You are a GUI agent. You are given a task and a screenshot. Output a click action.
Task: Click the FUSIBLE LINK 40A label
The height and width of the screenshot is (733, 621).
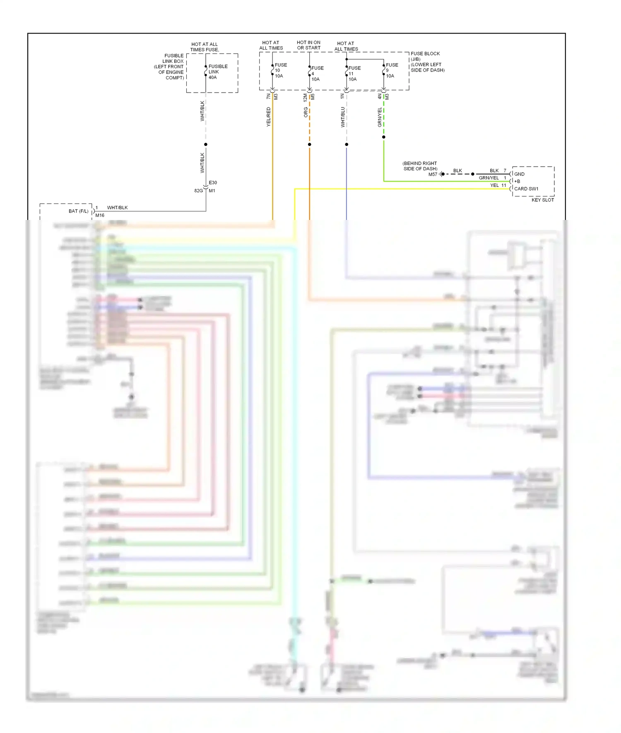pos(217,72)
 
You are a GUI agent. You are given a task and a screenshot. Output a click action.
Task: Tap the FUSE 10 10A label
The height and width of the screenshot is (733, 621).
pos(280,71)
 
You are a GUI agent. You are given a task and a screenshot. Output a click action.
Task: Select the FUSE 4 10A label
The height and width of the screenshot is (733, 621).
pos(317,74)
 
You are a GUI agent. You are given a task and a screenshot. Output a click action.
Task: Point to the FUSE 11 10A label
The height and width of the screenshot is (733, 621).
pos(354,74)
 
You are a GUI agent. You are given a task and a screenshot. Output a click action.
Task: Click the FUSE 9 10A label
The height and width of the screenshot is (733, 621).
pos(391,71)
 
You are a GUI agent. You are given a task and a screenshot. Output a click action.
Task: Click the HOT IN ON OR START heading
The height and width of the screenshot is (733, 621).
pos(308,45)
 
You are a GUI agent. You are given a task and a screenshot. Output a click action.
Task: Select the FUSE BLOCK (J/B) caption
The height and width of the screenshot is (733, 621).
pos(425,56)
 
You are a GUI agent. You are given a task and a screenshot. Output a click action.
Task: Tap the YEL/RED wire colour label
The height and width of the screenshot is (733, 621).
pos(268,117)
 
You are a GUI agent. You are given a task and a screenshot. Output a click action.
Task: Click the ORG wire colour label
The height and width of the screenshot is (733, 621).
pos(306,112)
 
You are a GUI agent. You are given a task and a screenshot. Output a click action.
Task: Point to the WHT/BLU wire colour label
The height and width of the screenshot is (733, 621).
pos(342,117)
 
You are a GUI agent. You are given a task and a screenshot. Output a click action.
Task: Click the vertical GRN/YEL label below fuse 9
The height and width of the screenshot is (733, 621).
pos(380,117)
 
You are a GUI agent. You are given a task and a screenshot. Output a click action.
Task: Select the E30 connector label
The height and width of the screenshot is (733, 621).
pos(213,182)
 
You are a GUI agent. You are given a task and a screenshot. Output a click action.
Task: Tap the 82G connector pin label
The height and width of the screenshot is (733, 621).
pos(198,191)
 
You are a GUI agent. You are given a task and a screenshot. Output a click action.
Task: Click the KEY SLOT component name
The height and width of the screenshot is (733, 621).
pos(542,200)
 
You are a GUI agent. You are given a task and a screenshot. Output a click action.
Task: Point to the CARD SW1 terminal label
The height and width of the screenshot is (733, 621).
pos(526,189)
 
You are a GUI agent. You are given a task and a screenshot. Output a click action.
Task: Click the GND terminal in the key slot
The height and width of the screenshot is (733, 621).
pos(519,174)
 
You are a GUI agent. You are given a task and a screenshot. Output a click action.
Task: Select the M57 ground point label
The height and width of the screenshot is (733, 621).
pos(433,174)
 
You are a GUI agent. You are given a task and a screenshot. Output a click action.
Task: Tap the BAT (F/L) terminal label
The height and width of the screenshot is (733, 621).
pos(78,211)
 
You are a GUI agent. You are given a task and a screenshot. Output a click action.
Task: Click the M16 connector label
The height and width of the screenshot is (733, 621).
pos(100,215)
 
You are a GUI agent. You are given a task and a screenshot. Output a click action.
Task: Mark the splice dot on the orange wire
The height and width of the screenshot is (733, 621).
pos(309,144)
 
